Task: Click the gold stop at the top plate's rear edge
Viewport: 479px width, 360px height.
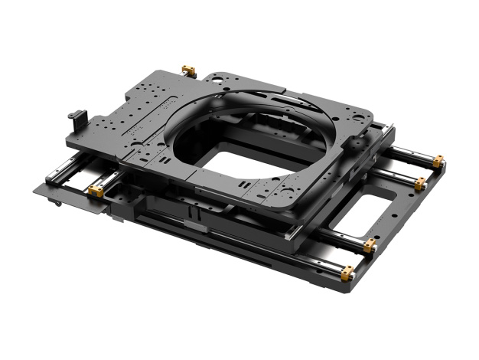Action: tap(189, 71)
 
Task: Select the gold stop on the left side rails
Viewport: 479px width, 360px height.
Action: tap(96, 190)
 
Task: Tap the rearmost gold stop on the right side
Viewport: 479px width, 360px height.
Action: tap(438, 162)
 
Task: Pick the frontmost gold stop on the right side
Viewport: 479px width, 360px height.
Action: tap(347, 271)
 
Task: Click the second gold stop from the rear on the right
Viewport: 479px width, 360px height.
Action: tap(420, 184)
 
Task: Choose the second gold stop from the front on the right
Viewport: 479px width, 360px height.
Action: tap(370, 245)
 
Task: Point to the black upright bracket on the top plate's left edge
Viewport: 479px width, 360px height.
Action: tap(74, 119)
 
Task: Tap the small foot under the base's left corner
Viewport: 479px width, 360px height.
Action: tap(58, 205)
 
